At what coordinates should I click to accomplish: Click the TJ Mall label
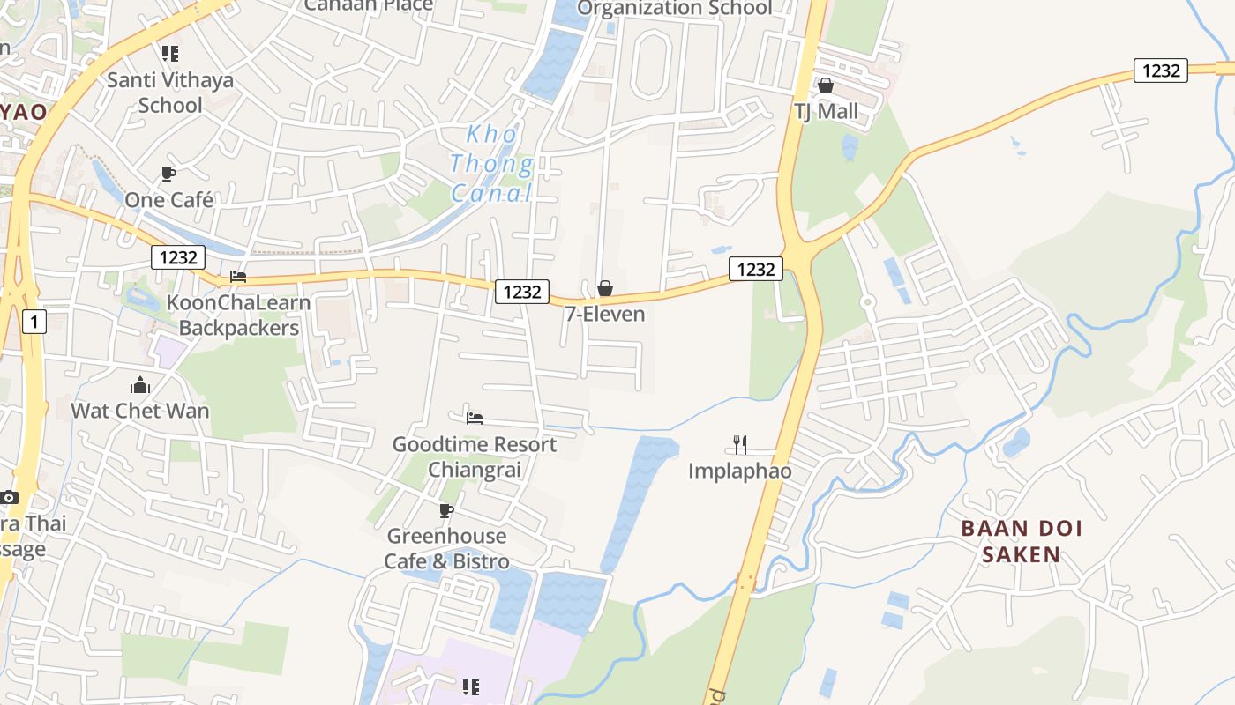[826, 112]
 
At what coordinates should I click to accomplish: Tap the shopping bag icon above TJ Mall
[826, 85]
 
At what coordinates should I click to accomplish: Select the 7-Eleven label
[605, 314]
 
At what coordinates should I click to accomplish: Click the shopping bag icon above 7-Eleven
[605, 288]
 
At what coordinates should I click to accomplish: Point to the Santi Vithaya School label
[170, 93]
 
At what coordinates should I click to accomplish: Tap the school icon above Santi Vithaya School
[170, 54]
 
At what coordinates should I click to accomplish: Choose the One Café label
[168, 200]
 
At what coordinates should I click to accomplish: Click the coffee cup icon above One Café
[168, 174]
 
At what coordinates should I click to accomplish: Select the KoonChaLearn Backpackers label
[238, 315]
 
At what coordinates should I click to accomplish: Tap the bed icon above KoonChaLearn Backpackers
[238, 277]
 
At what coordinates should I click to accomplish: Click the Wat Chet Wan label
[140, 411]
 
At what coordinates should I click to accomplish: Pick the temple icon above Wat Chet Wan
[140, 385]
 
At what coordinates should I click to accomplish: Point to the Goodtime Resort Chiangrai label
[475, 456]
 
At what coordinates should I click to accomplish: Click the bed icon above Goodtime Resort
[475, 418]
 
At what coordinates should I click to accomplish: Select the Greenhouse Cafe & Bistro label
[446, 548]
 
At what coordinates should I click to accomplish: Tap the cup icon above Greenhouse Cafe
[446, 510]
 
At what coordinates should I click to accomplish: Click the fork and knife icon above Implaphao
[740, 445]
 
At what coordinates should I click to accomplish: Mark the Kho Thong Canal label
[491, 164]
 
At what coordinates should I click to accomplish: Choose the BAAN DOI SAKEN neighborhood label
[1022, 541]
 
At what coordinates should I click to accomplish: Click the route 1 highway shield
[34, 322]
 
